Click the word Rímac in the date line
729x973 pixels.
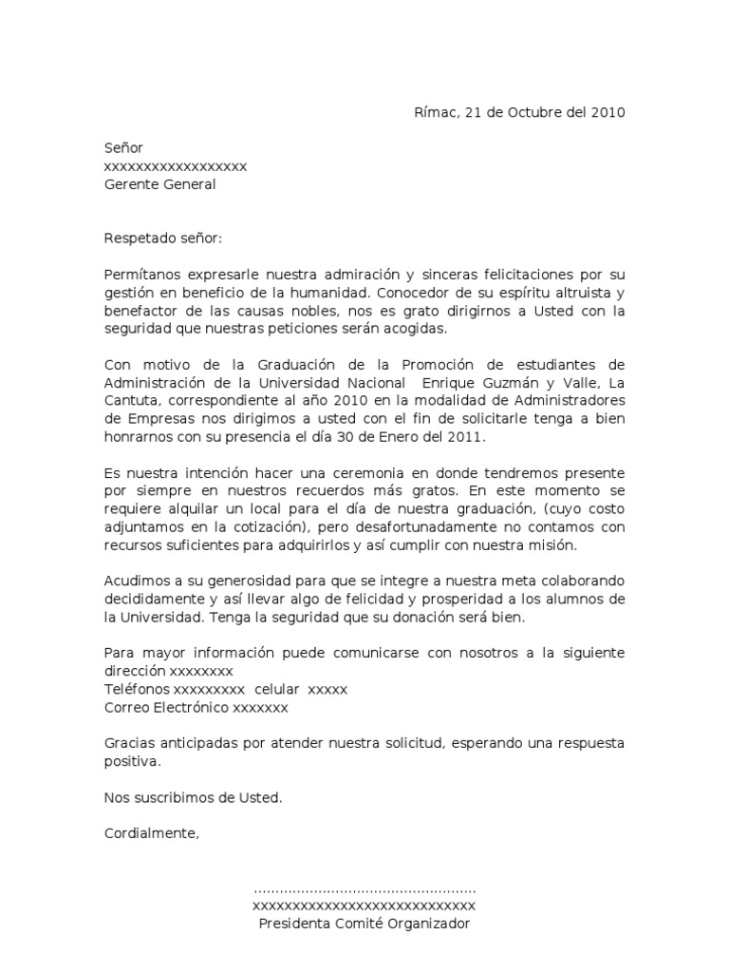coord(435,112)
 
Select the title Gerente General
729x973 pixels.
coord(159,184)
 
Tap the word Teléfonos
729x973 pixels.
coord(137,689)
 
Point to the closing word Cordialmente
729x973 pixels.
coord(151,833)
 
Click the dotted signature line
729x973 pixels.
coord(364,890)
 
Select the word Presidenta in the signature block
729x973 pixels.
coord(295,924)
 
